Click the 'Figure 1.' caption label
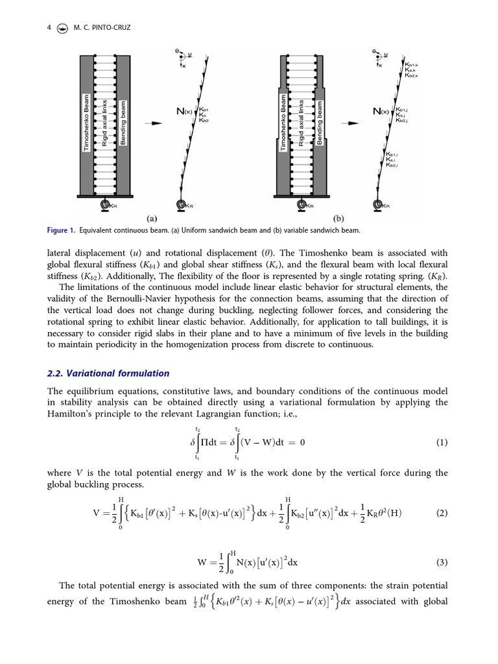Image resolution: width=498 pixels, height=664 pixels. tap(62, 230)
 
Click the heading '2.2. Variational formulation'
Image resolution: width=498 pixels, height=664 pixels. tap(108, 373)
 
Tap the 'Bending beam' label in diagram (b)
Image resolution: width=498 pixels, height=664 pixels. tap(320, 122)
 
